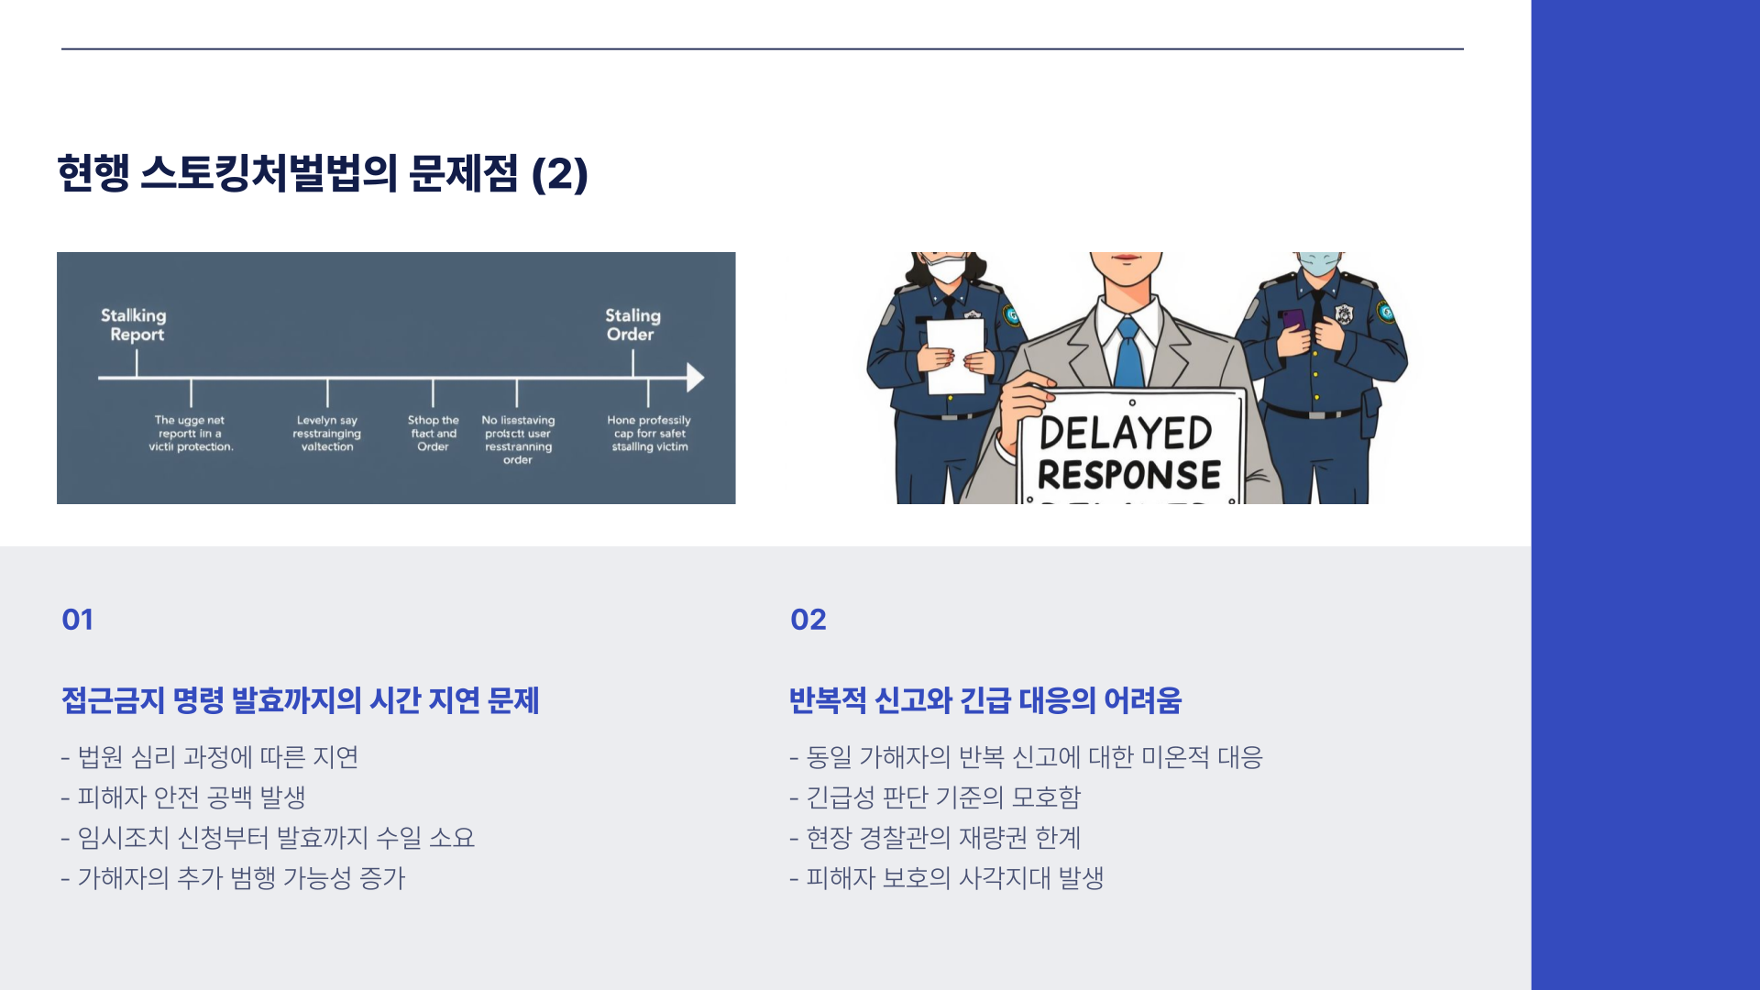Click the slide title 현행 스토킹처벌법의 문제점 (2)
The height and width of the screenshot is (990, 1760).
(323, 174)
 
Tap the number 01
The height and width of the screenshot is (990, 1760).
(78, 620)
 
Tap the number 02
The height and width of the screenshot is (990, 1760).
(808, 620)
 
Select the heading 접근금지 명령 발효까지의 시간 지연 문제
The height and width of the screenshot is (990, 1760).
(301, 700)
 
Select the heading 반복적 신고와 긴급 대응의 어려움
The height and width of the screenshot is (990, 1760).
(985, 700)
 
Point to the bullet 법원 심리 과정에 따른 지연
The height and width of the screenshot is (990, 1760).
(210, 757)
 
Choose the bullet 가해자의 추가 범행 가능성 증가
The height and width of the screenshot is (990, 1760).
(233, 878)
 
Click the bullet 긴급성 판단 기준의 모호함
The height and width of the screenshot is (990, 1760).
(935, 797)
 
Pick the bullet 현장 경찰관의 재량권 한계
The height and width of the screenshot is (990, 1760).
(935, 838)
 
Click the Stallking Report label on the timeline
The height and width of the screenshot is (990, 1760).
(134, 324)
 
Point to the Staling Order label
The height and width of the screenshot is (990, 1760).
(632, 324)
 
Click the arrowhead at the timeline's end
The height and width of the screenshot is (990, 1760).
(696, 378)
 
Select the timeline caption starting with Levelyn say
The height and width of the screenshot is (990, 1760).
(327, 434)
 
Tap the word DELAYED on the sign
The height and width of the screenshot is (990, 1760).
(1126, 434)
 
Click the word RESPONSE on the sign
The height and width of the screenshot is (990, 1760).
(1129, 475)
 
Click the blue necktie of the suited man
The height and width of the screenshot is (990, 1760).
(1128, 353)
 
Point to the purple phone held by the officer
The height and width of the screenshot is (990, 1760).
(1293, 321)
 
